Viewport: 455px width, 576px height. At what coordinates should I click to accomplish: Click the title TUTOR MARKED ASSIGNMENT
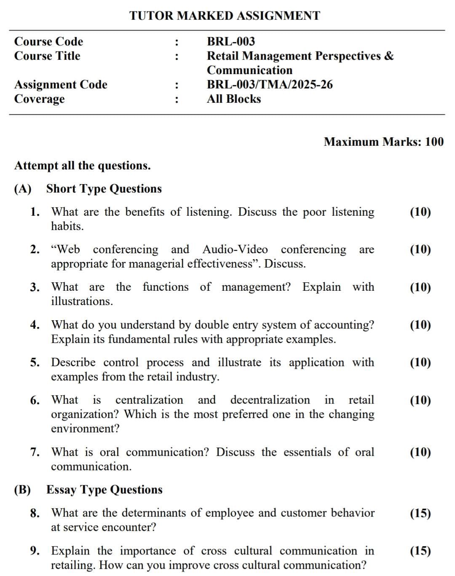[225, 16]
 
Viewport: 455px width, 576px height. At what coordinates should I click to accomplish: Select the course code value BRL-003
[231, 41]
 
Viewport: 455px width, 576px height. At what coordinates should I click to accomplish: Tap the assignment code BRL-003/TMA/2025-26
[270, 85]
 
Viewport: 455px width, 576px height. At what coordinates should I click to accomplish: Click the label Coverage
[40, 99]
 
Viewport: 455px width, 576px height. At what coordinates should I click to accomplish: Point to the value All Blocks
[234, 99]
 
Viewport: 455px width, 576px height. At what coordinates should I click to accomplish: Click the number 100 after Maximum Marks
[434, 142]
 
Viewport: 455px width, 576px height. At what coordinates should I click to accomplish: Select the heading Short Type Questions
[104, 189]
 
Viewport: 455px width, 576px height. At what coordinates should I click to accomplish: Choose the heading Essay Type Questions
[104, 490]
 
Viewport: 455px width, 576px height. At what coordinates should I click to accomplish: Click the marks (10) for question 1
[420, 212]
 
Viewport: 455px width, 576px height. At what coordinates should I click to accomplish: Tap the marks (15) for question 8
[420, 513]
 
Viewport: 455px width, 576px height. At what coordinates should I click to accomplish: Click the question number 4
[35, 325]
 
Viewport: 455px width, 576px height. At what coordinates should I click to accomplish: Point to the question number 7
[35, 453]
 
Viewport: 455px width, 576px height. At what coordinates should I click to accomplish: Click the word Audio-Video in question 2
[235, 249]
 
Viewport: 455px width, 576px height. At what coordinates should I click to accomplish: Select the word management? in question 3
[256, 287]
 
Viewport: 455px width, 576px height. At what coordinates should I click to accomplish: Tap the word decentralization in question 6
[270, 400]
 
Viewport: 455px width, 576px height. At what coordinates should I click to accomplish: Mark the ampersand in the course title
[389, 56]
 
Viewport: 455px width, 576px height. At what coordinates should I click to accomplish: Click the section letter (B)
[23, 490]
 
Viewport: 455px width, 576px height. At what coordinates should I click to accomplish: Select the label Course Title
[47, 56]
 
